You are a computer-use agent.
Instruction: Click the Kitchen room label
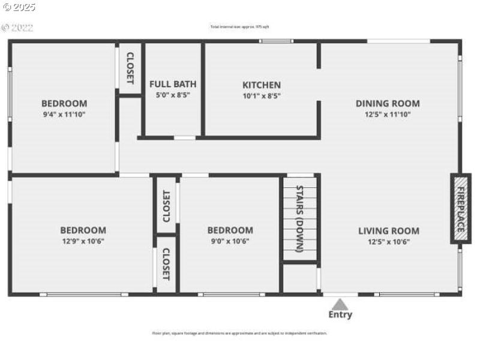pyautogui.click(x=261, y=85)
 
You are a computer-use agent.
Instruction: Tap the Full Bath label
pyautogui.click(x=173, y=85)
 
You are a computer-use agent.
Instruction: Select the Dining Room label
pyautogui.click(x=388, y=103)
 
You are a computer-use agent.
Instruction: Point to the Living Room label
pyautogui.click(x=389, y=230)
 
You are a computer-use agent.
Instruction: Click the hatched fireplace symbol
pyautogui.click(x=460, y=209)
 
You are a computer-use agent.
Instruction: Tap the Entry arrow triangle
pyautogui.click(x=340, y=304)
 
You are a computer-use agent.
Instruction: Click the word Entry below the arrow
pyautogui.click(x=340, y=314)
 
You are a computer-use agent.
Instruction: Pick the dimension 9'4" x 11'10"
pyautogui.click(x=64, y=114)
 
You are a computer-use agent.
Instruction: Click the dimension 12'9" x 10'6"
pyautogui.click(x=83, y=241)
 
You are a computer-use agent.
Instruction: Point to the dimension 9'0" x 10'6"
pyautogui.click(x=230, y=241)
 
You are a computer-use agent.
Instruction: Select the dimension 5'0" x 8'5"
pyautogui.click(x=173, y=95)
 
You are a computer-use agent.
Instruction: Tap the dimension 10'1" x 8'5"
pyautogui.click(x=261, y=96)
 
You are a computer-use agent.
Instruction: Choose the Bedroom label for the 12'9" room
pyautogui.click(x=83, y=230)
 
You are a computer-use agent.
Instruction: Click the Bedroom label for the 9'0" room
pyautogui.click(x=230, y=230)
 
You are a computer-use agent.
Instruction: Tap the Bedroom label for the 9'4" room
pyautogui.click(x=64, y=103)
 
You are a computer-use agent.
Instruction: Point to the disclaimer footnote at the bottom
pyautogui.click(x=239, y=333)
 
